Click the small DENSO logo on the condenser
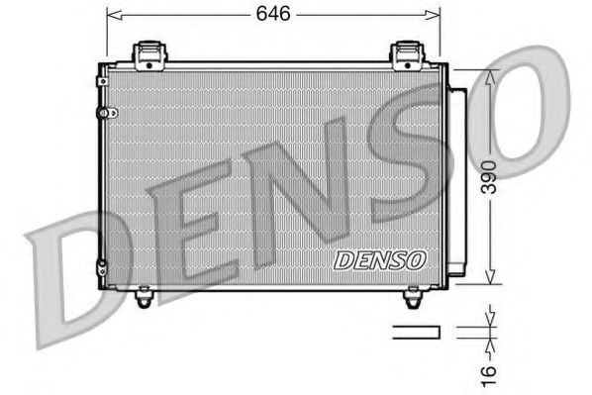tap(379, 260)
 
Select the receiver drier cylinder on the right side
tap(457, 178)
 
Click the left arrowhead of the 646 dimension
tap(111, 15)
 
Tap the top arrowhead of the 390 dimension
tap(488, 76)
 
